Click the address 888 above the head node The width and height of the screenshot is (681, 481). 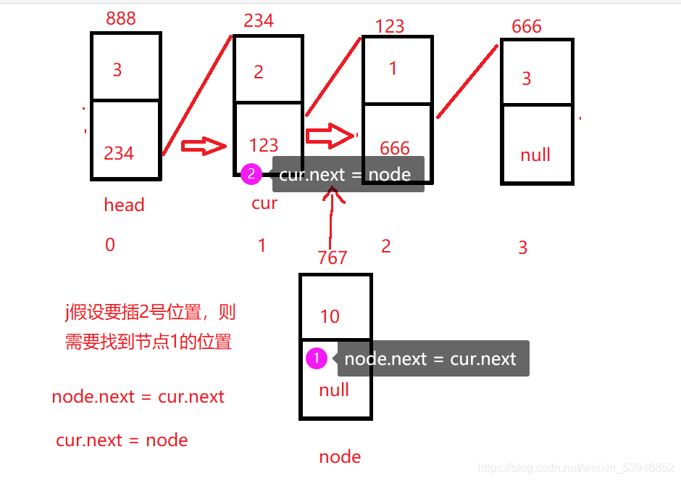120,18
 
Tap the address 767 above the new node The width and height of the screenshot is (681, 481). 333,258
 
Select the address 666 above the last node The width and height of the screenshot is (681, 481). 526,27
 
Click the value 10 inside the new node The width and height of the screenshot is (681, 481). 330,316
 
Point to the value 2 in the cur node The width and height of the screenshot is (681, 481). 259,72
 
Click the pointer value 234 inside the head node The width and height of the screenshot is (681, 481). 119,153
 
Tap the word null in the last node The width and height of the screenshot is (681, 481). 535,155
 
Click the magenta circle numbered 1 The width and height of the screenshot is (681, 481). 317,358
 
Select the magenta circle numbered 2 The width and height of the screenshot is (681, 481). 251,174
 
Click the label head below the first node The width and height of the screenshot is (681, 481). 124,205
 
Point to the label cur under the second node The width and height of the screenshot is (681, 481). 264,203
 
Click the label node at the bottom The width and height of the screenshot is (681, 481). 340,456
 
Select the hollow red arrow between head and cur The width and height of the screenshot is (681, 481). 204,146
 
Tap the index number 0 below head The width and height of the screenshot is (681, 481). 110,245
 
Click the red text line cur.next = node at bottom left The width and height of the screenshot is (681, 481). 122,440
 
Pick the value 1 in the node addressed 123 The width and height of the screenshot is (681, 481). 393,69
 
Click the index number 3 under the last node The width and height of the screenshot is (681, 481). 523,248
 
